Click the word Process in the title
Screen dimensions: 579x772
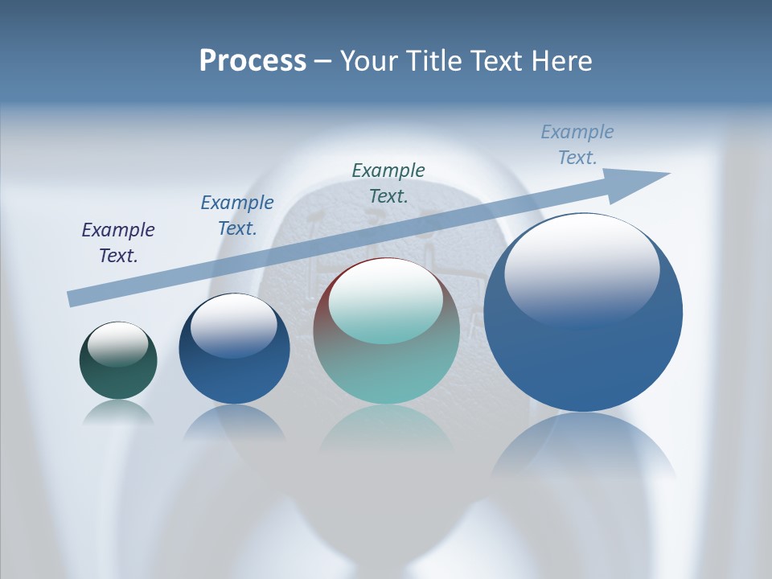click(x=253, y=61)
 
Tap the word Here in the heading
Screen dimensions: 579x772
click(x=562, y=61)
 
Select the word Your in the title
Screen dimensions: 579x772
click(x=371, y=61)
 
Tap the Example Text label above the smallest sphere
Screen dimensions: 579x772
click(x=118, y=243)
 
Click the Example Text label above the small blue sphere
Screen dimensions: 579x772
click(x=237, y=216)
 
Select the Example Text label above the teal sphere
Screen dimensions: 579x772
click(x=388, y=183)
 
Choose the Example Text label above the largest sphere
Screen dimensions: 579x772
click(x=577, y=145)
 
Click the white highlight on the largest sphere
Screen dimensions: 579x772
click(x=581, y=269)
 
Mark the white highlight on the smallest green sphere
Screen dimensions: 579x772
click(x=117, y=344)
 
